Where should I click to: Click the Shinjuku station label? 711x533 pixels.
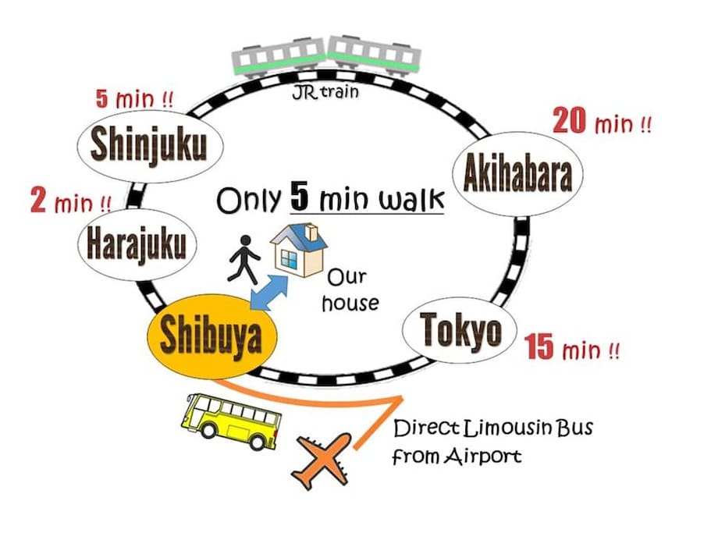150,145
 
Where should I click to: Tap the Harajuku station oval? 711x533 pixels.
137,244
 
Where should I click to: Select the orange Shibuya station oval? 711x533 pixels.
212,337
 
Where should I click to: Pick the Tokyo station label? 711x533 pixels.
460,330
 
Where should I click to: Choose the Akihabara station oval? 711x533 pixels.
517,174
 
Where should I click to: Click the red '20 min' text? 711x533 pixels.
603,122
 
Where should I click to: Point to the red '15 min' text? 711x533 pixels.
571,348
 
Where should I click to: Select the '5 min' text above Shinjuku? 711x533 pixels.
134,99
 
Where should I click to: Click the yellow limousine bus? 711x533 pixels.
230,421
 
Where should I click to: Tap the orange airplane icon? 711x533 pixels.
323,460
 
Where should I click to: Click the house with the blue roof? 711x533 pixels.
299,250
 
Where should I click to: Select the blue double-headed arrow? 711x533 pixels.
269,293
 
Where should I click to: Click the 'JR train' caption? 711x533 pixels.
325,92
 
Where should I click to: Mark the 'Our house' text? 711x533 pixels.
350,290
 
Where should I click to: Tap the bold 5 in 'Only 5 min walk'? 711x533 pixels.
300,196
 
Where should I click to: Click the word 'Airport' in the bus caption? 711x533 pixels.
482,456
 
